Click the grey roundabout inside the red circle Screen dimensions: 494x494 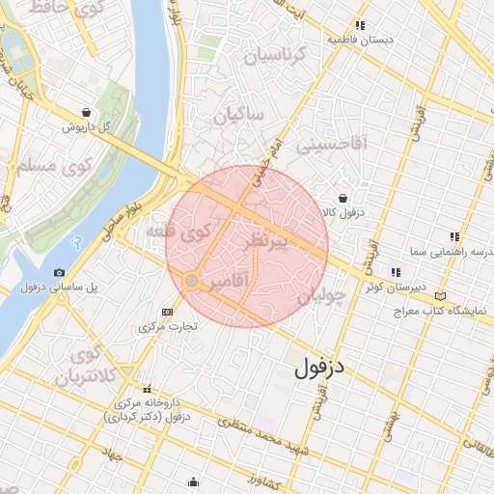192,280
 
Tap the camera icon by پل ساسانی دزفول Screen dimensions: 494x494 60,273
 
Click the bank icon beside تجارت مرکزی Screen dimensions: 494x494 168,312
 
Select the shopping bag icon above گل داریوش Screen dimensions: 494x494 88,112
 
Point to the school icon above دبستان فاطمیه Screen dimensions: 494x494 359,25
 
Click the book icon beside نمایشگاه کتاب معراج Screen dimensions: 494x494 441,296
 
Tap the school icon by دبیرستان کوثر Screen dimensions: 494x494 395,271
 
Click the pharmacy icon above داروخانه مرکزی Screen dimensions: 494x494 147,389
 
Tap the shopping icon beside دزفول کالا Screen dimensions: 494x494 343,197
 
